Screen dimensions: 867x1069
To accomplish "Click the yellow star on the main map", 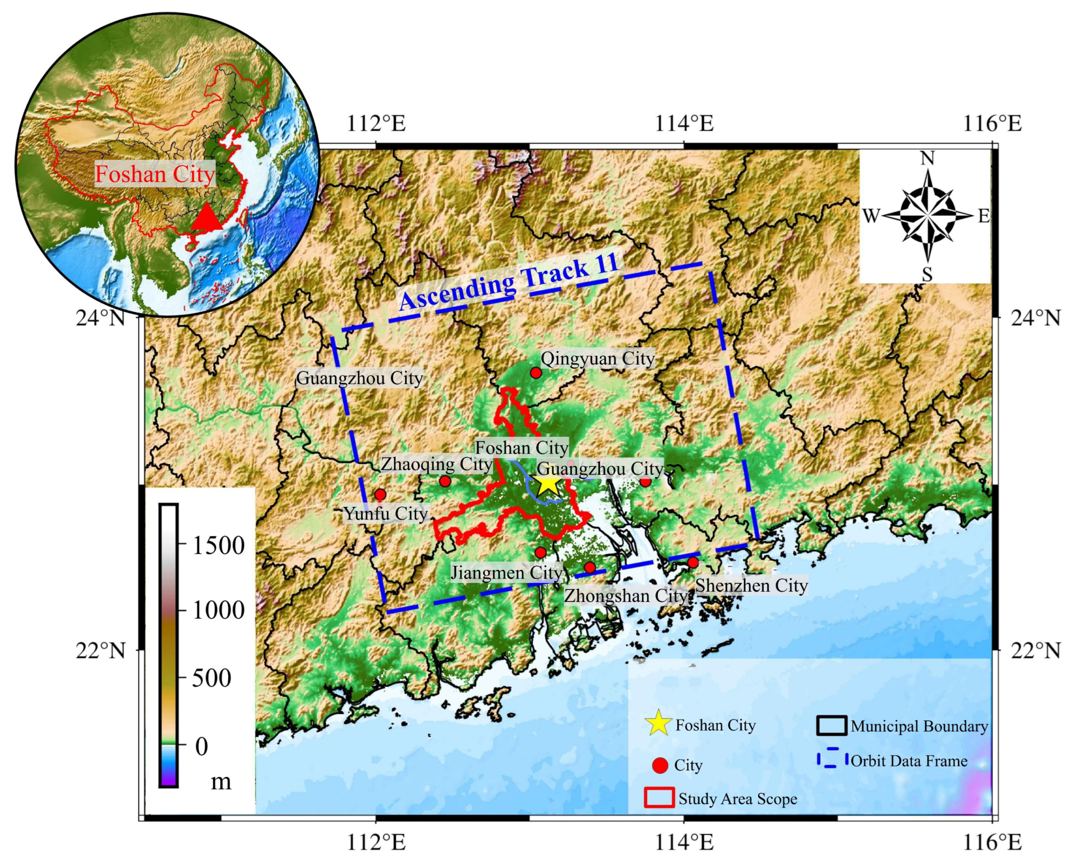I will [x=547, y=483].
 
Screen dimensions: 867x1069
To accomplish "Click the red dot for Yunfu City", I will [x=380, y=495].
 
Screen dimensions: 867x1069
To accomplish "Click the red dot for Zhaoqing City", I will [x=445, y=482].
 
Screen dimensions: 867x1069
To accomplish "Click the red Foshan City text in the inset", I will [x=155, y=174].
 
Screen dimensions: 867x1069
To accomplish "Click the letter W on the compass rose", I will [x=871, y=216].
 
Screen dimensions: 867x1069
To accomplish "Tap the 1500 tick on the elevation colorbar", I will [x=218, y=545].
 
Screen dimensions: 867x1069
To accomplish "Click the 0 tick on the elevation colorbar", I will [x=201, y=747].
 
